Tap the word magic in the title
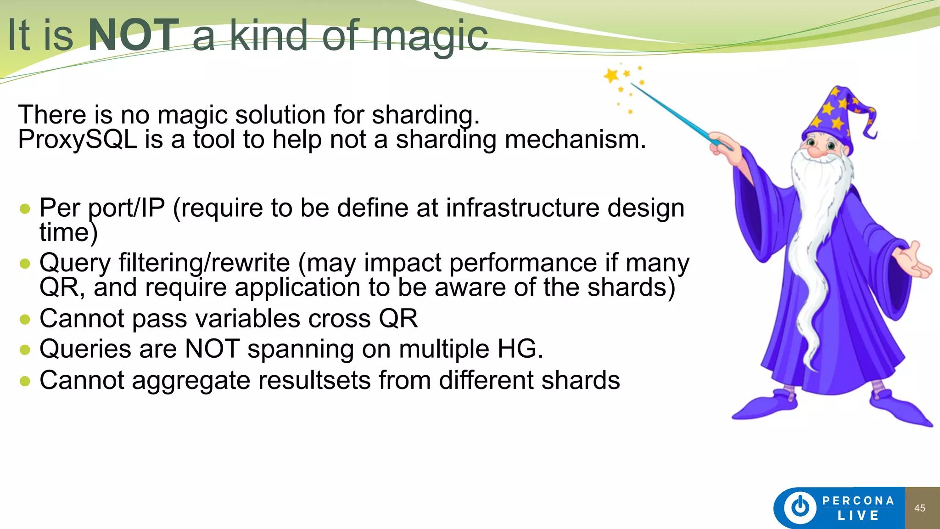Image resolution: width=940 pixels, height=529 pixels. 429,37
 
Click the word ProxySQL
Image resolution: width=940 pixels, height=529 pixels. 78,139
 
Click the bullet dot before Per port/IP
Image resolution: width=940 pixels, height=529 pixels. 25,209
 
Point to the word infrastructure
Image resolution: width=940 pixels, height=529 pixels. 522,208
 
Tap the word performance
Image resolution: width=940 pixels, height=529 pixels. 523,264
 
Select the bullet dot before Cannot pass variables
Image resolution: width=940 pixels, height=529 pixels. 25,319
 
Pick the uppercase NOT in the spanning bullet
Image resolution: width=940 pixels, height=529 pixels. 212,349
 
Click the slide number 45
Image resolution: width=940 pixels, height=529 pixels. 919,508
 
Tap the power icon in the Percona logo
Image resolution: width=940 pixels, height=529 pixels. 800,507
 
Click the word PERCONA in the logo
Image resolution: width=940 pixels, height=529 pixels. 858,501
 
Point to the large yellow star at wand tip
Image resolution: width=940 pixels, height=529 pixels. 611,75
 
